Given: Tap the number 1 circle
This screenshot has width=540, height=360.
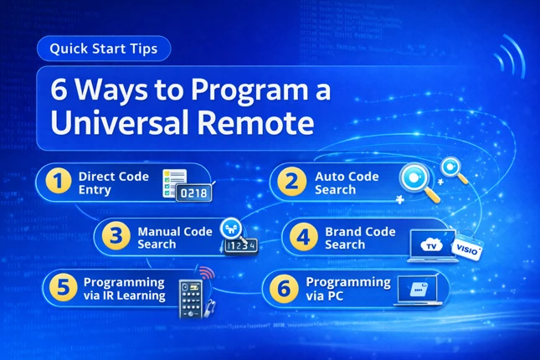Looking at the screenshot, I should pyautogui.click(x=55, y=182).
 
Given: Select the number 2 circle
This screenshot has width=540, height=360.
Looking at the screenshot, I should pyautogui.click(x=291, y=182).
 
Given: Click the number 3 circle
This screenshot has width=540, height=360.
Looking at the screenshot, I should pyautogui.click(x=113, y=238).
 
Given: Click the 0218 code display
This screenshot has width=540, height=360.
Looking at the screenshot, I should pyautogui.click(x=192, y=193).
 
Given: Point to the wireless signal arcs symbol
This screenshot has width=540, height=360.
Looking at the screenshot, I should pyautogui.click(x=507, y=57).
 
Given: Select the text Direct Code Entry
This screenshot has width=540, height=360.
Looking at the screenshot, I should pyautogui.click(x=113, y=183).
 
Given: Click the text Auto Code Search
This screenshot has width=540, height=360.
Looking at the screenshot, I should pyautogui.click(x=347, y=183).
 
